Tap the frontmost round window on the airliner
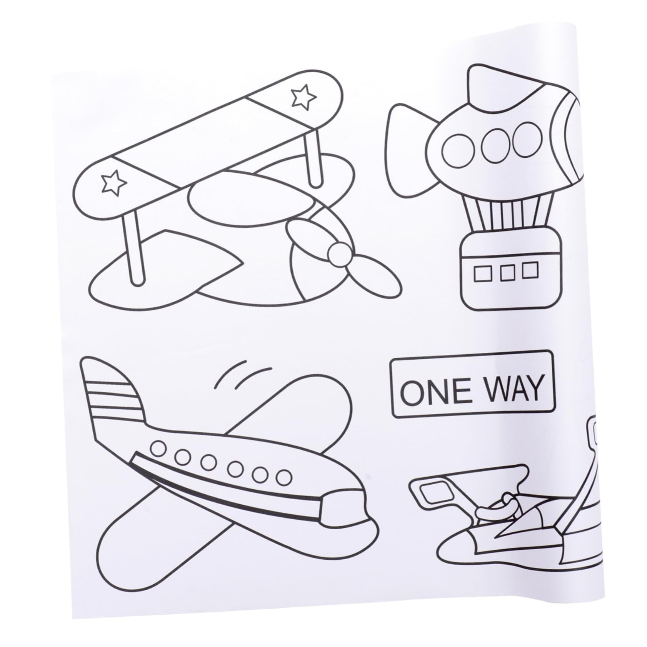(x=284, y=477)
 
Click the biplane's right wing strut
(x=313, y=162)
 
